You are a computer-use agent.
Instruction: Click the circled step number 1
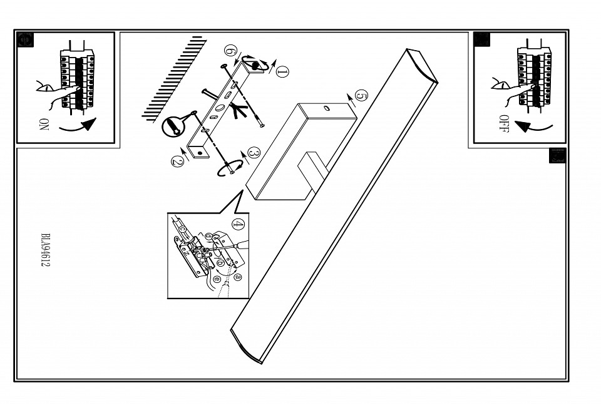point(282,71)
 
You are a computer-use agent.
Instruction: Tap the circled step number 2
point(177,161)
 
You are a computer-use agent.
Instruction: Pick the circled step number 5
point(361,95)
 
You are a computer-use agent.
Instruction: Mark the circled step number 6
point(230,50)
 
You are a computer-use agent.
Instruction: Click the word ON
point(44,124)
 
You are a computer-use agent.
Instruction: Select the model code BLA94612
point(45,250)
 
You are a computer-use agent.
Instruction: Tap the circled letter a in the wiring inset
point(238,276)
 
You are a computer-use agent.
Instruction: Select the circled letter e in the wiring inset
point(217,279)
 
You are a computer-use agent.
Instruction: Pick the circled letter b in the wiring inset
point(220,263)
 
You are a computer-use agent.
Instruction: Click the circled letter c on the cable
point(183,229)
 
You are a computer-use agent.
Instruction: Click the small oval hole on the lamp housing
point(327,109)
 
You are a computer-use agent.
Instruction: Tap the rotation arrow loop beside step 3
point(230,169)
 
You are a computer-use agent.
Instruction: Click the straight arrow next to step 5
point(351,100)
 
